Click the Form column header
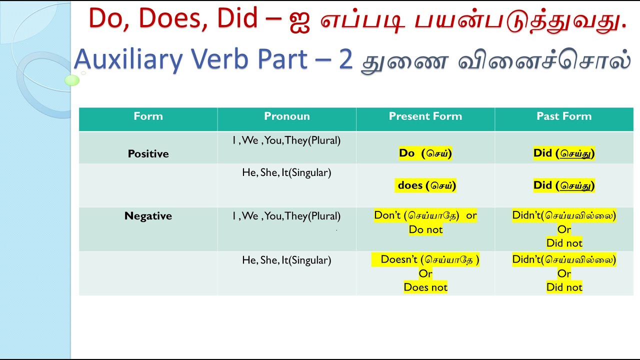pos(148,116)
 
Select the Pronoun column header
pos(286,116)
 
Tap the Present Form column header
pos(425,116)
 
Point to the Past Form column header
pos(564,116)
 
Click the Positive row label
pos(148,153)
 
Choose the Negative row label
pos(148,215)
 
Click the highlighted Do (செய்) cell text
pos(425,153)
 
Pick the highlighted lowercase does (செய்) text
pos(425,185)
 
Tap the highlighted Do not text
pos(425,229)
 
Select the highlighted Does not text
pos(425,287)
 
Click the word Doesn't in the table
pos(399,259)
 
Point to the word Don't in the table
pos(387,215)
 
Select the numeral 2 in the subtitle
pos(346,59)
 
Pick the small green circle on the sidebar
pos(72,80)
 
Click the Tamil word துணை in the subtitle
pos(404,62)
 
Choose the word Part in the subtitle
pos(282,59)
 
